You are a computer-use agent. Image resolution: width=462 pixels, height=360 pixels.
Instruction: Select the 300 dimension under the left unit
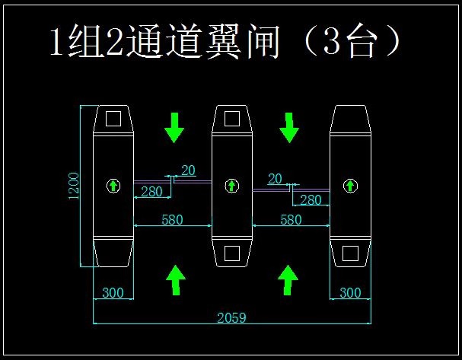tap(113, 293)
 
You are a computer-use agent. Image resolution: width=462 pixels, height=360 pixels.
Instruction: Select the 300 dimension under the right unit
tap(350, 293)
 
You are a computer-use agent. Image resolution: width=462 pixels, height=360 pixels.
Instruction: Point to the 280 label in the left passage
tap(151, 192)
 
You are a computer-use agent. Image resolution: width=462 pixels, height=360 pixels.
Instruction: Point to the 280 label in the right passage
tap(311, 200)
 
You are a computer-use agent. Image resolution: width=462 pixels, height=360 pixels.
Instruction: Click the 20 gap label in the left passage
tap(188, 170)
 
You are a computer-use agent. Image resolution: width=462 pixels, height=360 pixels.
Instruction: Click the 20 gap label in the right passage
tap(275, 178)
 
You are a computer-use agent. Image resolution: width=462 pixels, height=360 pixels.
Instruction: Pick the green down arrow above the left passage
tap(175, 127)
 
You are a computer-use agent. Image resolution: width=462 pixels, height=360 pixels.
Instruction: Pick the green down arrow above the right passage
tap(289, 127)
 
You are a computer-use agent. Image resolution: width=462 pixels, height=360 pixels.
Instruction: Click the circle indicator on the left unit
tap(113, 185)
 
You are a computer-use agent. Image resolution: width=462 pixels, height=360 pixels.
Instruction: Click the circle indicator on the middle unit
tap(231, 185)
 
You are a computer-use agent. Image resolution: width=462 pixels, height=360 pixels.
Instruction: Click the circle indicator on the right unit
tap(350, 185)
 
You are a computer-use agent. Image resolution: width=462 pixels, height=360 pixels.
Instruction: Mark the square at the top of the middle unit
tap(231, 119)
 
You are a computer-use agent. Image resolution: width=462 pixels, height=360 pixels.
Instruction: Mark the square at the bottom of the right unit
tap(350, 253)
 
